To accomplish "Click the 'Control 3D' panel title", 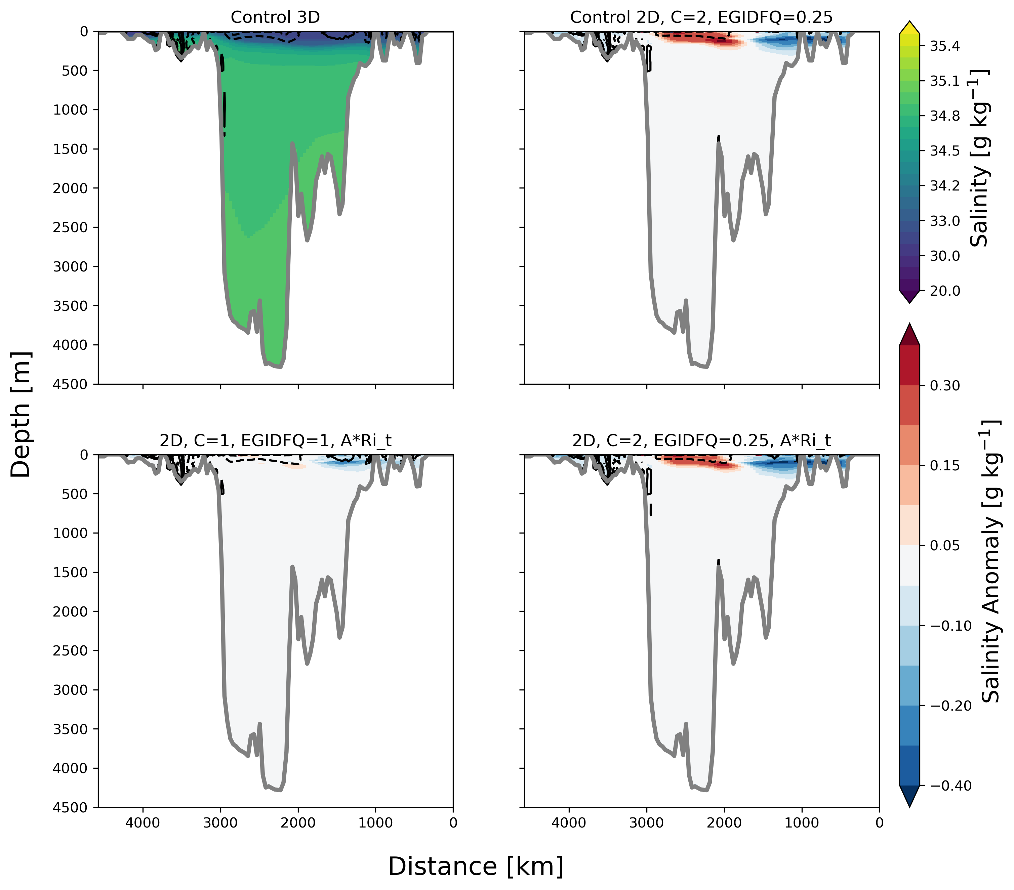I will point(275,17).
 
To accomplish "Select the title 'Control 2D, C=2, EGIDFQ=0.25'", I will point(701,17).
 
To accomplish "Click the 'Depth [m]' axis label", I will point(21,415).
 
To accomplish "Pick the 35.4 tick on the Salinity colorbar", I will point(944,46).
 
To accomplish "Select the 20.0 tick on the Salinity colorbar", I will point(944,291).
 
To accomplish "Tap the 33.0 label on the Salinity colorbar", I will point(944,221).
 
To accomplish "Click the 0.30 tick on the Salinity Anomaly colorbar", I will point(944,386).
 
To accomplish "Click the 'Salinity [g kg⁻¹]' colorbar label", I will point(979,159).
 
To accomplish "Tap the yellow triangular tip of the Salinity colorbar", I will point(909,27).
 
